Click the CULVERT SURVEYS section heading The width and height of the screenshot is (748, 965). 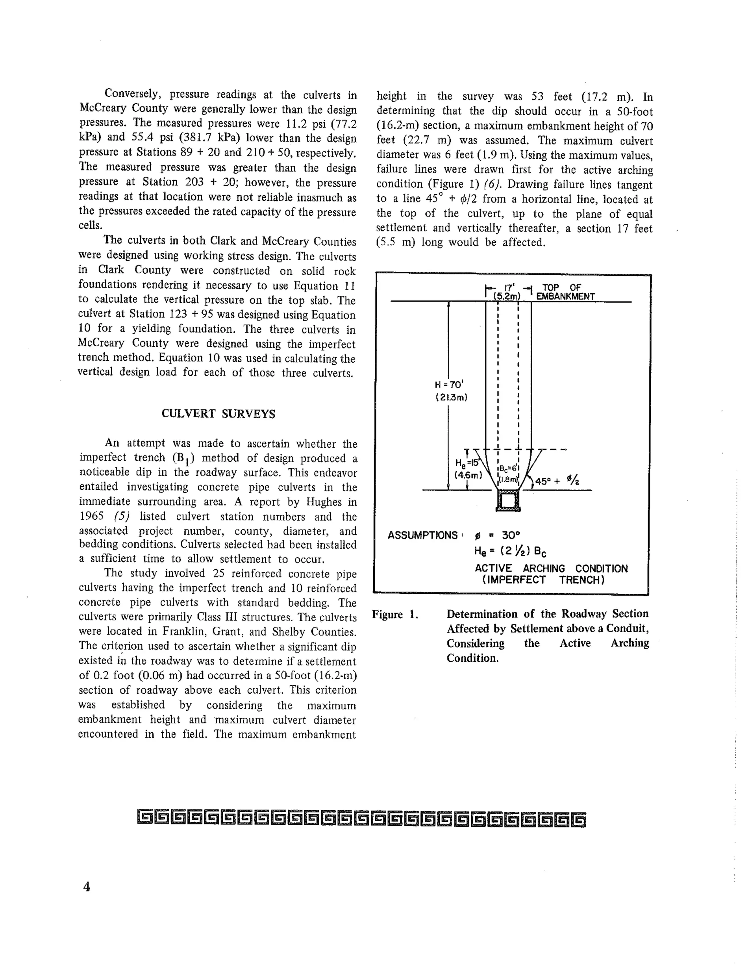tap(218, 414)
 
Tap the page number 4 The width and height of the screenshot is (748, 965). tap(87, 887)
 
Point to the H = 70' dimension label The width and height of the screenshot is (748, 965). tap(449, 384)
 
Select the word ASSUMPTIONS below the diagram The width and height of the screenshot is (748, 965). tap(422, 535)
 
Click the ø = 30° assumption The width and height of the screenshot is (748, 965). tap(497, 535)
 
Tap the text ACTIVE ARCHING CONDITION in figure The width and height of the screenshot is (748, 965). tap(551, 568)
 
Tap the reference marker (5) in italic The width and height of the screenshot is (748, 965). tap(121, 516)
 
